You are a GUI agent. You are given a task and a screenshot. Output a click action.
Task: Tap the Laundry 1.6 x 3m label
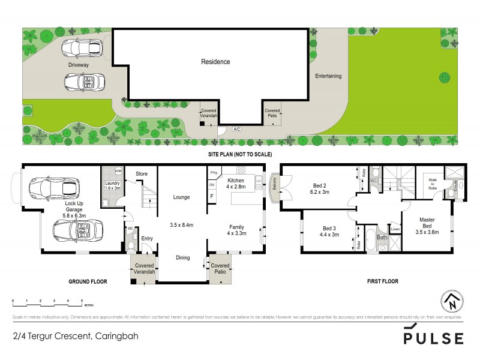tap(113, 185)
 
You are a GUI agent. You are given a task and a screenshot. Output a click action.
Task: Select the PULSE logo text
tap(433, 337)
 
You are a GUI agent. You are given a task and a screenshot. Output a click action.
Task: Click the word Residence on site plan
tap(215, 62)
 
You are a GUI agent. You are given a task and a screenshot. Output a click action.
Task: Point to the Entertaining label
tap(328, 76)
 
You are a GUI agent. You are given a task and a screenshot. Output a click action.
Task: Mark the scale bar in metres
tap(47, 299)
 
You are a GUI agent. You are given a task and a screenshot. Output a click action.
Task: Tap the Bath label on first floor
tap(382, 237)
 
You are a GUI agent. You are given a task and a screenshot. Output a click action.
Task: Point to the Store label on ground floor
tap(141, 174)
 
